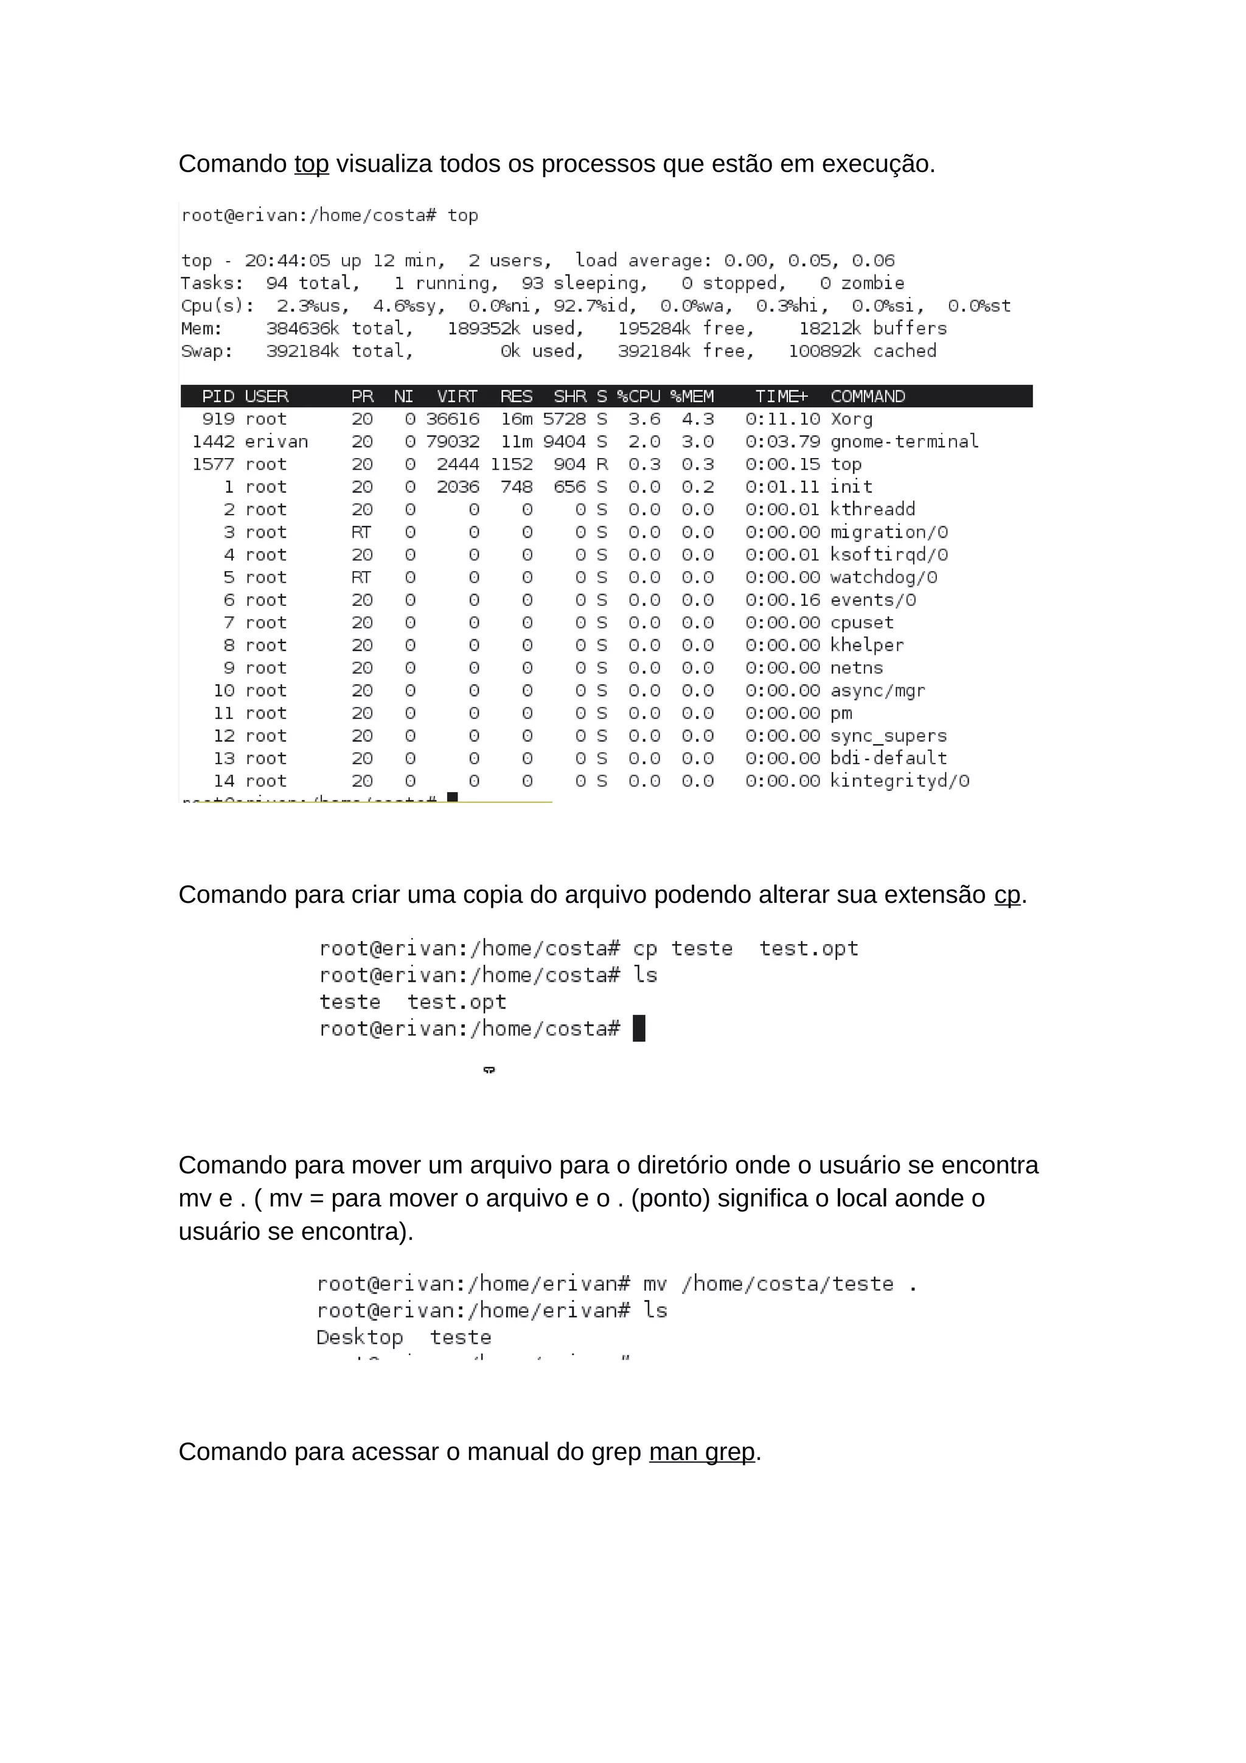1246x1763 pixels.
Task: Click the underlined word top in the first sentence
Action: (311, 164)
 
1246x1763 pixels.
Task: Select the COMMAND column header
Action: (868, 396)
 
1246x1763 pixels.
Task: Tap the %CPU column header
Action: (639, 396)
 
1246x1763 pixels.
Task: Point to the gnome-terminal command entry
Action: (903, 442)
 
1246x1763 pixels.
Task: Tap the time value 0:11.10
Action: (782, 419)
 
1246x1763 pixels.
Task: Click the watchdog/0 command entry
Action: (883, 577)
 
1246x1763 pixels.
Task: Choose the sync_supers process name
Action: (888, 735)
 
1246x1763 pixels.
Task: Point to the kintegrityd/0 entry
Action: (899, 781)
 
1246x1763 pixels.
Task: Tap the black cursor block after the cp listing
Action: (639, 1028)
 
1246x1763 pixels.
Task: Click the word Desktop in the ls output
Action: (360, 1338)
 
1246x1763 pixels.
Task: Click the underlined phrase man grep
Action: (701, 1452)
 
